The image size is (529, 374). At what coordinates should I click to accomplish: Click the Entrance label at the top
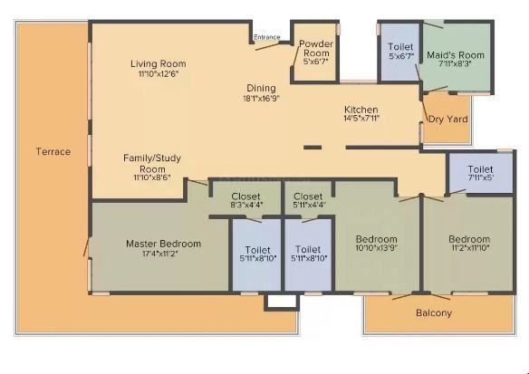tap(267, 37)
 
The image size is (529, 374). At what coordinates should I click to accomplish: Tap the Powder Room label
tap(316, 48)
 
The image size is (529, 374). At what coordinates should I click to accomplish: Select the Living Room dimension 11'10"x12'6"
tap(159, 74)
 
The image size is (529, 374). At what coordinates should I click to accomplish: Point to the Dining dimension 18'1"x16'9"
tap(262, 99)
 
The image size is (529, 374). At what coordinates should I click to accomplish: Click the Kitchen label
tap(361, 110)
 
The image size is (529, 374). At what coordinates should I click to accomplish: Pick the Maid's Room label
tap(456, 54)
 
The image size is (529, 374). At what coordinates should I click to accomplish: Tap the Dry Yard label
tap(448, 119)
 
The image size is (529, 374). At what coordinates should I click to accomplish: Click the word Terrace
tap(53, 152)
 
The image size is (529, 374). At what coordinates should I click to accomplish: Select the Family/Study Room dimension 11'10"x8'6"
tap(152, 177)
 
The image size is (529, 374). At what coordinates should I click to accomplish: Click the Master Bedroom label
tap(163, 244)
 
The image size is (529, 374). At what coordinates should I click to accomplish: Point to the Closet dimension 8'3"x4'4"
tap(247, 205)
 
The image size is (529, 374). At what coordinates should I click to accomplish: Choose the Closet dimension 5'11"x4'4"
tap(308, 205)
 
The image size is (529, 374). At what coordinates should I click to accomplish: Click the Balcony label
tap(434, 313)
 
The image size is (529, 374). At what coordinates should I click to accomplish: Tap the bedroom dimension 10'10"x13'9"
tap(377, 248)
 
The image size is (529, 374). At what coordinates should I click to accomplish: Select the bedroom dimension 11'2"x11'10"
tap(469, 248)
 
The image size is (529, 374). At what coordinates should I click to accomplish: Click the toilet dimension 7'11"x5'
tap(480, 177)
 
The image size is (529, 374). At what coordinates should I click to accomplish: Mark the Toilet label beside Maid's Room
tap(400, 47)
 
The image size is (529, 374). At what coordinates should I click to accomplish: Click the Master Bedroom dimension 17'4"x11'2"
tap(160, 254)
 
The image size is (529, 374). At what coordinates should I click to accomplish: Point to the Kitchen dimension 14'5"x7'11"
tap(361, 118)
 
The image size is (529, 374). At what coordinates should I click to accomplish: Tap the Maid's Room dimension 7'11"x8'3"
tap(455, 63)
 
